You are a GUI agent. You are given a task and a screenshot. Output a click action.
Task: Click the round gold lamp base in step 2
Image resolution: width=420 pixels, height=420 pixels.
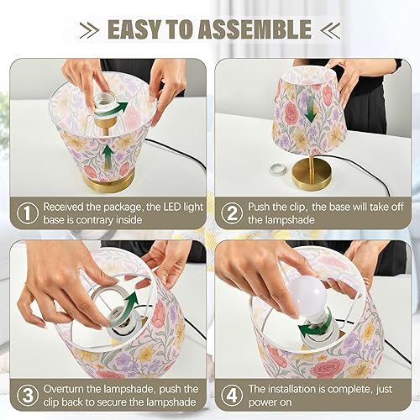tap(312, 178)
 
